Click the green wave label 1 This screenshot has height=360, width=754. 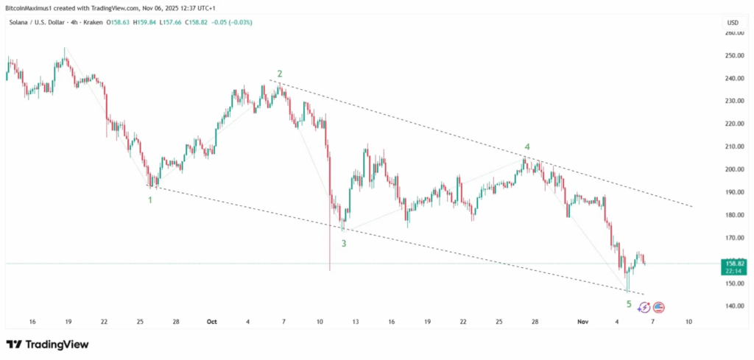coord(150,200)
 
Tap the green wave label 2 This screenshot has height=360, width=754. coord(280,74)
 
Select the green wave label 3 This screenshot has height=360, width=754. coord(344,242)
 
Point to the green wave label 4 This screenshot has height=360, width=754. coord(527,147)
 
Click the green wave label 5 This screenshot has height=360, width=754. coord(629,304)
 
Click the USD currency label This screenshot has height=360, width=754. coord(732,23)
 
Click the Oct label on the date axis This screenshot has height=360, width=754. coord(212,322)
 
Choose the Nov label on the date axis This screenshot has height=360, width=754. coord(583,322)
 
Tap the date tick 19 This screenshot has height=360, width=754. coord(68,322)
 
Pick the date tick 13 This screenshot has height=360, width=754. coord(356,322)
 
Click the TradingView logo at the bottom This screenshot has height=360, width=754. coord(47,345)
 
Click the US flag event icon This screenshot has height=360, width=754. coord(659,307)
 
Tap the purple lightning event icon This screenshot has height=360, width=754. coord(644,307)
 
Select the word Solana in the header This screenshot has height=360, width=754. coord(19,22)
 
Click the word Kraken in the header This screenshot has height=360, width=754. coord(94,22)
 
